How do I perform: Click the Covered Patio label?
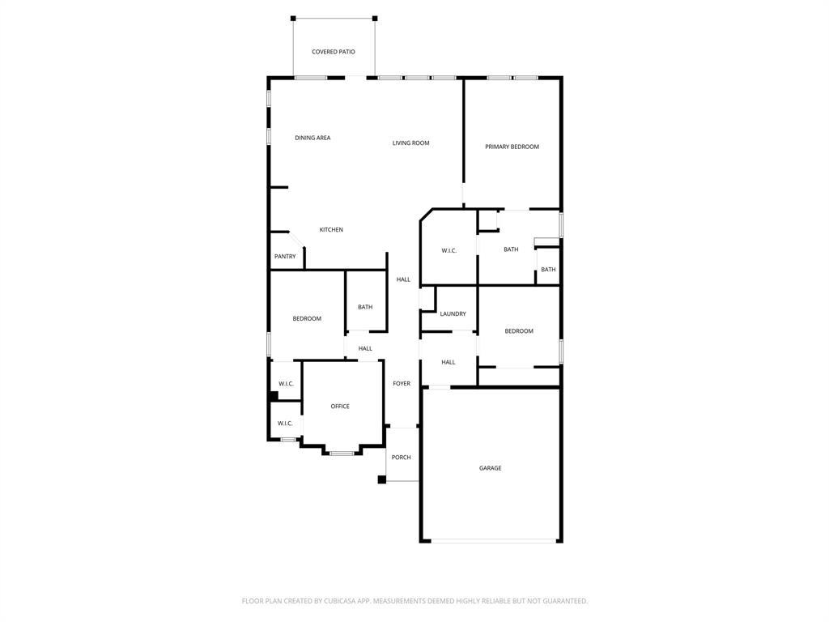333,52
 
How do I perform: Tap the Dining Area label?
312,138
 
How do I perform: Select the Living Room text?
410,143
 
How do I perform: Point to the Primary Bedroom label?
512,147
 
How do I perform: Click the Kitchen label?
331,230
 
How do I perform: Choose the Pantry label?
285,257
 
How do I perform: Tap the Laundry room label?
453,314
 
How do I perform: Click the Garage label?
490,468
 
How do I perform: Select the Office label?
340,407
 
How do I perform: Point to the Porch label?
401,458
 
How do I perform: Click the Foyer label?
402,384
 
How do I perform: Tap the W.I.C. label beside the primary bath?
449,251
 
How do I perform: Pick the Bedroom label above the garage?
519,331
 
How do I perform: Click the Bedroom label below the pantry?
307,319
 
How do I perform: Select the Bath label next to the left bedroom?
365,308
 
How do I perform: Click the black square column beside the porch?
381,479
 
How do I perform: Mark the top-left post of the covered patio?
293,18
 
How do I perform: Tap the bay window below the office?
342,453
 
